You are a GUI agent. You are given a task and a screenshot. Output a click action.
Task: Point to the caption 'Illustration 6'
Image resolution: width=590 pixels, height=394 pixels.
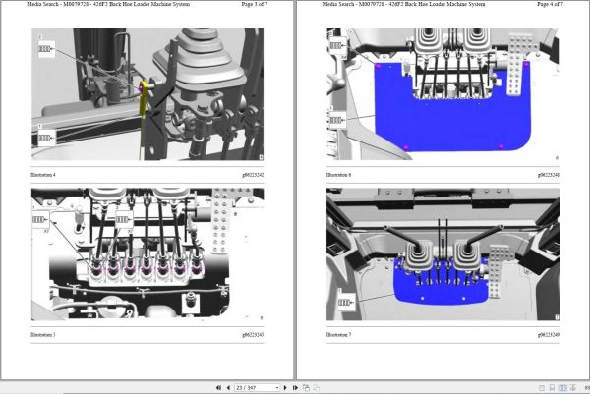pyautogui.click(x=337, y=174)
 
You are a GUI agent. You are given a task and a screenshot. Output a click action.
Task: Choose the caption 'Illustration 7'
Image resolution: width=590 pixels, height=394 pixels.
pyautogui.click(x=337, y=336)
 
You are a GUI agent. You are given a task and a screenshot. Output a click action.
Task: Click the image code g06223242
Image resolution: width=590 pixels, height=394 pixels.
pyautogui.click(x=250, y=174)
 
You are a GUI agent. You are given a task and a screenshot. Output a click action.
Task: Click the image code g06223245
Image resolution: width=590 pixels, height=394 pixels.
pyautogui.click(x=250, y=336)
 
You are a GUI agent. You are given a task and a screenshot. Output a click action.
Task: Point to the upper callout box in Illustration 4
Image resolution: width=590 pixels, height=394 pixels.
pyautogui.click(x=46, y=45)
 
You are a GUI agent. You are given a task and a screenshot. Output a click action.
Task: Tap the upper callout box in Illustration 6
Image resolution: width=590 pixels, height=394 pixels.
pyautogui.click(x=336, y=45)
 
